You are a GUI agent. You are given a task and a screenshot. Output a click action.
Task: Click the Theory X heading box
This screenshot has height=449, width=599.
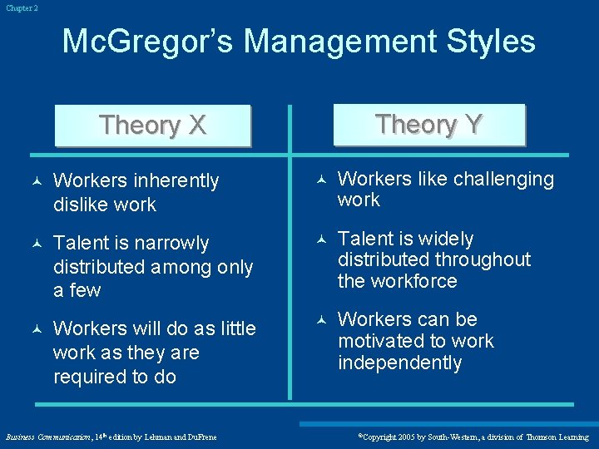click(152, 126)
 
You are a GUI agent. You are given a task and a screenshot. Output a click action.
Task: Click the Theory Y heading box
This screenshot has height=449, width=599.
click(428, 125)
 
